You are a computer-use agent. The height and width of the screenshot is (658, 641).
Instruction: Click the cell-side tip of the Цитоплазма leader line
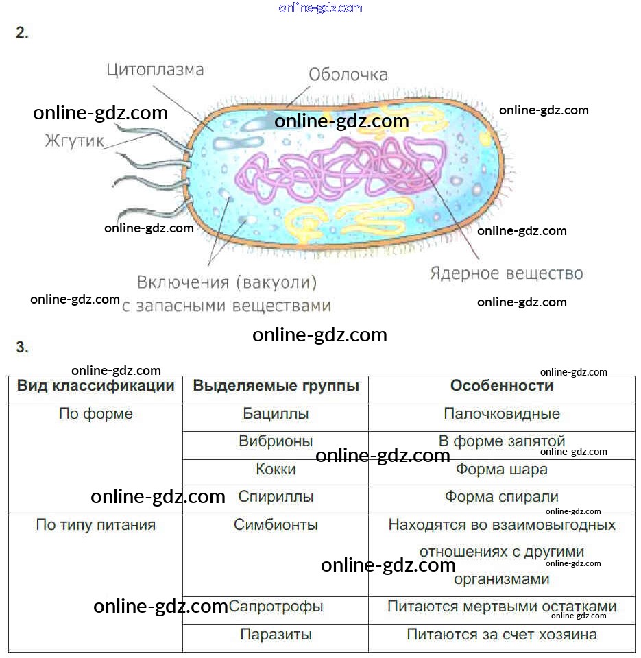coord(213,131)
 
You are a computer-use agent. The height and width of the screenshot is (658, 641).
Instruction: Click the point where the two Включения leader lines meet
coord(208,265)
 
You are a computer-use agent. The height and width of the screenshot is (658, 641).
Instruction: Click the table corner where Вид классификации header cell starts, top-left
coord(9,376)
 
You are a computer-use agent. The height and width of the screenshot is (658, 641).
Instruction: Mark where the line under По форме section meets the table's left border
coord(9,515)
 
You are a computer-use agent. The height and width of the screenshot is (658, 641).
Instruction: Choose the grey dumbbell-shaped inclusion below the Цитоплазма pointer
coord(238,143)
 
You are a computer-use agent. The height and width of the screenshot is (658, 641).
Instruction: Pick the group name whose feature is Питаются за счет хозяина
coord(276,635)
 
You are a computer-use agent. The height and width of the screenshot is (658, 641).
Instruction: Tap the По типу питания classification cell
coord(96,524)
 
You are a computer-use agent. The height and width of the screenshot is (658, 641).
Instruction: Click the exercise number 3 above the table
coord(22,347)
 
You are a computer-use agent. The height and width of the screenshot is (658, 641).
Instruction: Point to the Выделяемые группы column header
coord(276,386)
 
